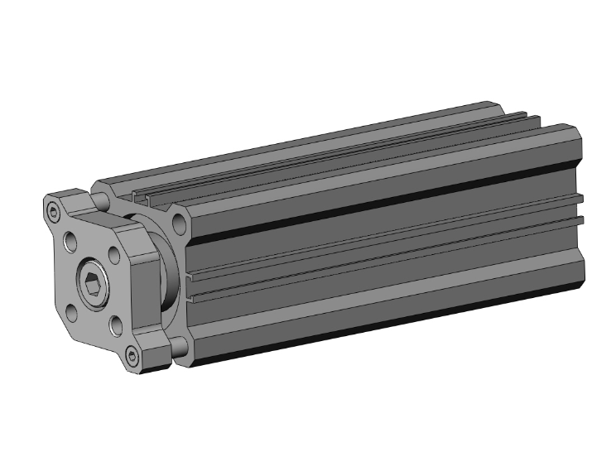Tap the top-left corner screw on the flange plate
[55, 213]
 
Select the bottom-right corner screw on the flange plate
[132, 357]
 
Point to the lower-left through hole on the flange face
[72, 314]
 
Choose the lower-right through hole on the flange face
[114, 325]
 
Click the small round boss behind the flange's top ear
[100, 201]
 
